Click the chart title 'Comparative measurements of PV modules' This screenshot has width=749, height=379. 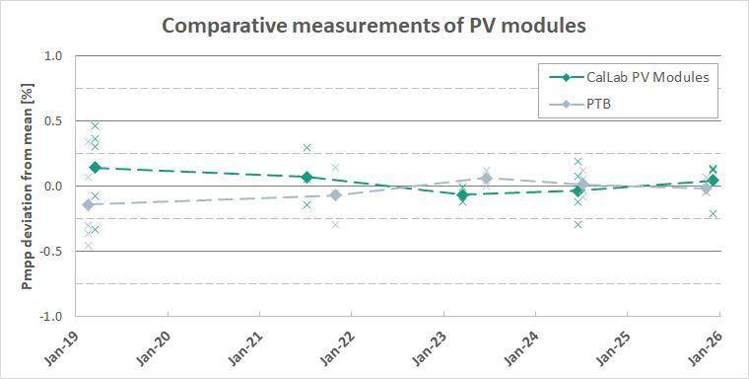(x=374, y=26)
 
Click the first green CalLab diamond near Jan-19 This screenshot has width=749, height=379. (x=95, y=168)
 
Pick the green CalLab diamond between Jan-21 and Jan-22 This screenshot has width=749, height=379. (x=307, y=178)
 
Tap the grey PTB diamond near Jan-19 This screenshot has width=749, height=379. (x=88, y=204)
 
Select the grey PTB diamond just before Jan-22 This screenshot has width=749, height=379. (x=335, y=194)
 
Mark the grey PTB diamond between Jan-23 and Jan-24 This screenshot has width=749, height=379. (x=486, y=178)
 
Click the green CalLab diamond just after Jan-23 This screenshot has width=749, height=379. (x=462, y=195)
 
